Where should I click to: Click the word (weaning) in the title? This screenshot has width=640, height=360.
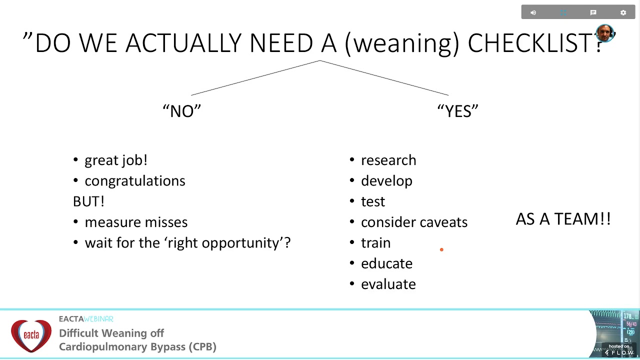401,43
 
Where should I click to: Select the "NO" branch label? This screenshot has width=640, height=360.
182,111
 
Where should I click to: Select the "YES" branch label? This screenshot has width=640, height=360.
457,111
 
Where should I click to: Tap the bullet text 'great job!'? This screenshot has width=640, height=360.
115,160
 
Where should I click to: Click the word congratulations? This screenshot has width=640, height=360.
134,181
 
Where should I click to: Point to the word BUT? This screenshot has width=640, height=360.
88,201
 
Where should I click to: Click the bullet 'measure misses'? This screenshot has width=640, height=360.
136,222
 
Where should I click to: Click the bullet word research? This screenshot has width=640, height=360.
388,160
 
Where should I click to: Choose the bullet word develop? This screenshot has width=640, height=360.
386,181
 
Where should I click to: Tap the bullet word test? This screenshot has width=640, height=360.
373,201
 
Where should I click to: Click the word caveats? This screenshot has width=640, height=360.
443,222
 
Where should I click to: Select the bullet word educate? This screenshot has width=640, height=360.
386,263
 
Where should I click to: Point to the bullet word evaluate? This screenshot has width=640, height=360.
388,284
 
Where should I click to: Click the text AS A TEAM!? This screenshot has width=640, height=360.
563,219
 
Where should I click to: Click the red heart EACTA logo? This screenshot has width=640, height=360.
31,335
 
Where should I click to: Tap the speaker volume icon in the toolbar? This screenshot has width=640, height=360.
533,12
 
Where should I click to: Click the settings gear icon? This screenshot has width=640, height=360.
623,12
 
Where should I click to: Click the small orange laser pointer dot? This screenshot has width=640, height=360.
441,249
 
